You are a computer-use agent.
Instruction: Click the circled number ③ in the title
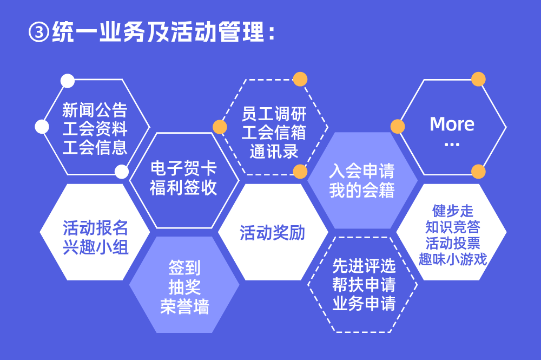(38, 32)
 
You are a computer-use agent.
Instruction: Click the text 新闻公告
(95, 110)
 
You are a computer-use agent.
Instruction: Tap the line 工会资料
(95, 129)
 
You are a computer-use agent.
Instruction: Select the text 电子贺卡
(183, 168)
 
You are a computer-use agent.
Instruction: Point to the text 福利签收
(183, 187)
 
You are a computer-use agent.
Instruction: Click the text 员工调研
(274, 114)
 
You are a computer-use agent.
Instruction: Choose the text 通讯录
(274, 151)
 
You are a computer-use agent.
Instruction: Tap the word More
(452, 124)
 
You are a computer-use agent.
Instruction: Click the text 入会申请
(361, 171)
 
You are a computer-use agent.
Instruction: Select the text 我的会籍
(361, 190)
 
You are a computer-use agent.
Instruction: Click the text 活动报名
(95, 228)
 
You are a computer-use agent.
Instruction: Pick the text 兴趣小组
(95, 247)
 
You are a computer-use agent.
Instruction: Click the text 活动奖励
(273, 233)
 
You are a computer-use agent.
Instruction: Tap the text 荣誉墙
(184, 306)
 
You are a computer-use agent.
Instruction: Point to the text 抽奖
(184, 287)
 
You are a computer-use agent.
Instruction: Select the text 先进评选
(364, 266)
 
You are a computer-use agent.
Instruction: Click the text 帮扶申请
(364, 285)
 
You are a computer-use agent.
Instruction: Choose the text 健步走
(453, 211)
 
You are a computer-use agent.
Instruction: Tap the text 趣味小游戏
(453, 259)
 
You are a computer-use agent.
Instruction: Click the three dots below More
(452, 145)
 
